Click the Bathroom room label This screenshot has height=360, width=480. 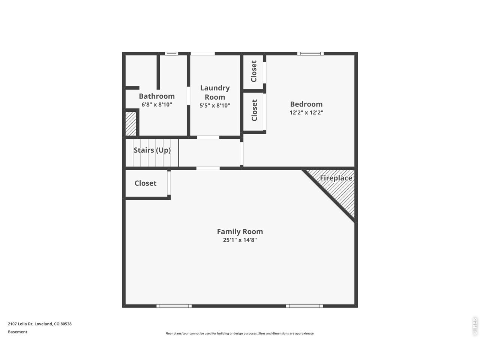point(157,96)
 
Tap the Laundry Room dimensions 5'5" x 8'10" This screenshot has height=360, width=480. point(215,106)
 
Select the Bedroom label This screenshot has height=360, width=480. point(306,104)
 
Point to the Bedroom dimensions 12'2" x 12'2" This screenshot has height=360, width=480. point(306,112)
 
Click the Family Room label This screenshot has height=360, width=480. point(240,231)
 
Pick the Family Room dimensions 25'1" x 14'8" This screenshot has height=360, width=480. point(240,240)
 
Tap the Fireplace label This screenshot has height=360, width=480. point(336,178)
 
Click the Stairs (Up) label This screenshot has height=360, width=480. point(152,150)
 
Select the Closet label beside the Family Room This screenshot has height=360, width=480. point(145,183)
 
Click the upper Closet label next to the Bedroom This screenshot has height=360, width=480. point(253,71)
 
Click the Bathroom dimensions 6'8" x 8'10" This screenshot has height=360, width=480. point(157,105)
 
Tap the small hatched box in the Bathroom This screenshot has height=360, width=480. point(131,124)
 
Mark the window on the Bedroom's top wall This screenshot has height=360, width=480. point(310,54)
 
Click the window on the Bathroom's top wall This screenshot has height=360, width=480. point(171,54)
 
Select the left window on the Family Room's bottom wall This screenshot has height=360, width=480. point(174,306)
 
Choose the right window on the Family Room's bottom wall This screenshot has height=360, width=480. point(304,306)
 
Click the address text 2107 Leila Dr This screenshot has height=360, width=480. point(20,324)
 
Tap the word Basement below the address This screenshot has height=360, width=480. point(18,332)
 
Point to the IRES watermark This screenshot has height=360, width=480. point(475,327)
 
